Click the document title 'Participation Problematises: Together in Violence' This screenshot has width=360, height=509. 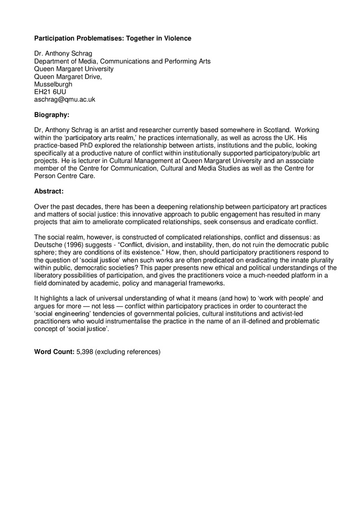[113, 38]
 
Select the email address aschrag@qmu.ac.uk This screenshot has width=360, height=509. [65, 100]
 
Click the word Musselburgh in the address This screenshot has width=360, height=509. [53, 84]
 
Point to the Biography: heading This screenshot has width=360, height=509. [51, 115]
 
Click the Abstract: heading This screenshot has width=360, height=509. [48, 191]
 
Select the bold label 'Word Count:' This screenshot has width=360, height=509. [54, 352]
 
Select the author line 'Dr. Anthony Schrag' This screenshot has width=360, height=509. [63, 54]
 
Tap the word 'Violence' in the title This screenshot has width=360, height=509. [178, 38]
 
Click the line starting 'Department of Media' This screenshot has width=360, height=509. [122, 62]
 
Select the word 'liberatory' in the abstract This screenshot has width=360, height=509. [50, 275]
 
